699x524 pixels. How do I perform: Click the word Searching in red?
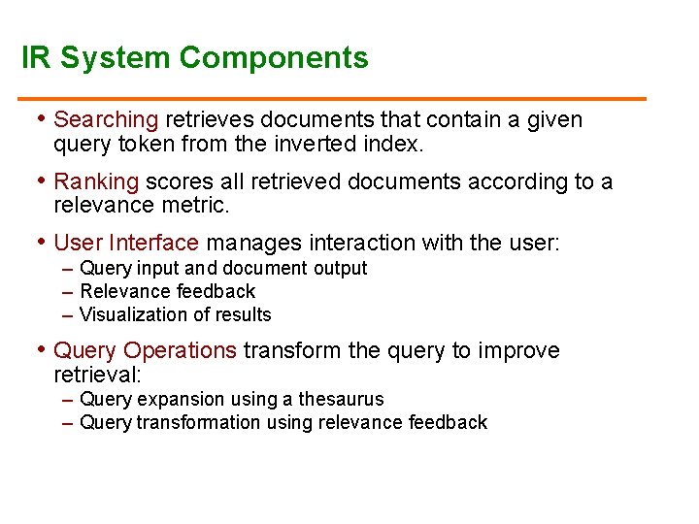106,120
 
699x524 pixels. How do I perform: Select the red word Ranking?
96,181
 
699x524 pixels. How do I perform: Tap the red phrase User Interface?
126,243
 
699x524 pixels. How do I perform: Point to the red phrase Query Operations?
145,350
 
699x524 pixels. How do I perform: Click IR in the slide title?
36,57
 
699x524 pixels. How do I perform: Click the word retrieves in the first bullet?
206,120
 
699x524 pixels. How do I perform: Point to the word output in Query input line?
342,269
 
